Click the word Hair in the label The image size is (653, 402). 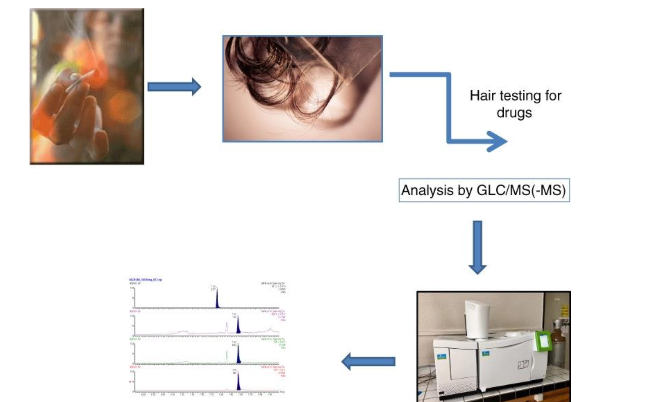pyautogui.click(x=482, y=96)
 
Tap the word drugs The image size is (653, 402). pyautogui.click(x=514, y=113)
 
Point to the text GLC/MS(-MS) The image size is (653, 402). pyautogui.click(x=521, y=190)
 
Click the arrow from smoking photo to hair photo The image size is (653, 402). pyautogui.click(x=174, y=87)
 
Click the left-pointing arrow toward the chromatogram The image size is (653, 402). pyautogui.click(x=368, y=361)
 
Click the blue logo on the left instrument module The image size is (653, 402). pyautogui.click(x=442, y=356)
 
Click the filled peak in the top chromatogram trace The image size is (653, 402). pyautogui.click(x=217, y=300)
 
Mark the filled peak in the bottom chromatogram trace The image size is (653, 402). pyautogui.click(x=238, y=383)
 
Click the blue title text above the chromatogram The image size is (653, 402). pyautogui.click(x=145, y=280)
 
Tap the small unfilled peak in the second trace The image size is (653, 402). pyautogui.click(x=226, y=327)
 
